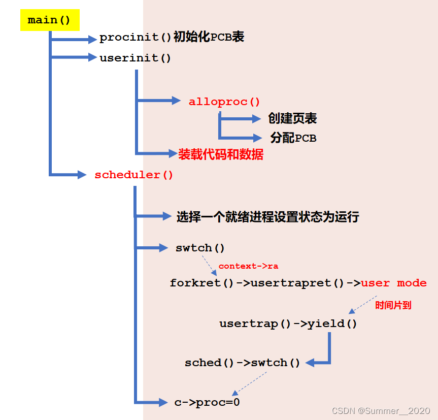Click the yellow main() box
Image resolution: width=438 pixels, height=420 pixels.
[50, 20]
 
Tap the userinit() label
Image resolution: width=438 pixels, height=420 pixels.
[136, 58]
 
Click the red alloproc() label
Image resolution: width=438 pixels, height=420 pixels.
[224, 102]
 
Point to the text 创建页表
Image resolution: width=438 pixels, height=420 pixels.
[292, 119]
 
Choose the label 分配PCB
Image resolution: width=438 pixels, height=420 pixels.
[293, 138]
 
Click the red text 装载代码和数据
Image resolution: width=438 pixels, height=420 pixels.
[221, 154]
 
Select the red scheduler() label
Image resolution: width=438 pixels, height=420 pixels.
[134, 175]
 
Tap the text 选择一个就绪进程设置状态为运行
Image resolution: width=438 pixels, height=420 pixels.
[267, 217]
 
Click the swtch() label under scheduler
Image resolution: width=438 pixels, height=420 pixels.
[200, 248]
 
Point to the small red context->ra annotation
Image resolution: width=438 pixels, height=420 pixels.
[248, 266]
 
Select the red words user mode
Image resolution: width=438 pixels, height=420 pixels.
[394, 283]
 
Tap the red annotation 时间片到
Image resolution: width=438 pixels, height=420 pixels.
[393, 305]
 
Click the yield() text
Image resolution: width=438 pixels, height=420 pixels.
[332, 324]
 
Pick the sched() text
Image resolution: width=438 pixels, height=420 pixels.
[210, 363]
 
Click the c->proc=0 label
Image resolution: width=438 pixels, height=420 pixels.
[207, 402]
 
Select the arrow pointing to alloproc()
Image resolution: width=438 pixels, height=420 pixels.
[157, 101]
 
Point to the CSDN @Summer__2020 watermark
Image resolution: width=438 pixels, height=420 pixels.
[381, 410]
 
